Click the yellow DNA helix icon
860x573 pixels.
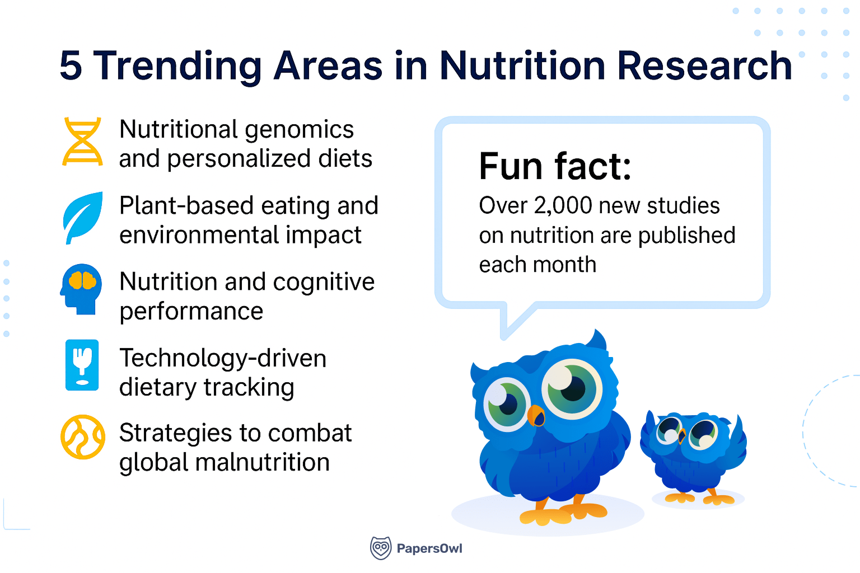pyautogui.click(x=82, y=142)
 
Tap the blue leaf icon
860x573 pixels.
pyautogui.click(x=83, y=218)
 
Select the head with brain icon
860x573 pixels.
pyautogui.click(x=82, y=289)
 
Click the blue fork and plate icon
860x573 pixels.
pyautogui.click(x=82, y=365)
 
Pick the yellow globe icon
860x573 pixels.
pyautogui.click(x=83, y=437)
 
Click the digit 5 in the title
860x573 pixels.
pyautogui.click(x=71, y=66)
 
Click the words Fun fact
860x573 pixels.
pyautogui.click(x=555, y=166)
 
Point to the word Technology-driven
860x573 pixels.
pyautogui.click(x=223, y=358)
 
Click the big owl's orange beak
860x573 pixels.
pyautogui.click(x=536, y=415)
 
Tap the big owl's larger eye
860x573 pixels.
pyautogui.click(x=571, y=388)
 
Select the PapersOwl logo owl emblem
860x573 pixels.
pyautogui.click(x=381, y=548)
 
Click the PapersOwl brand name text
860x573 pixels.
pyautogui.click(x=429, y=548)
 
